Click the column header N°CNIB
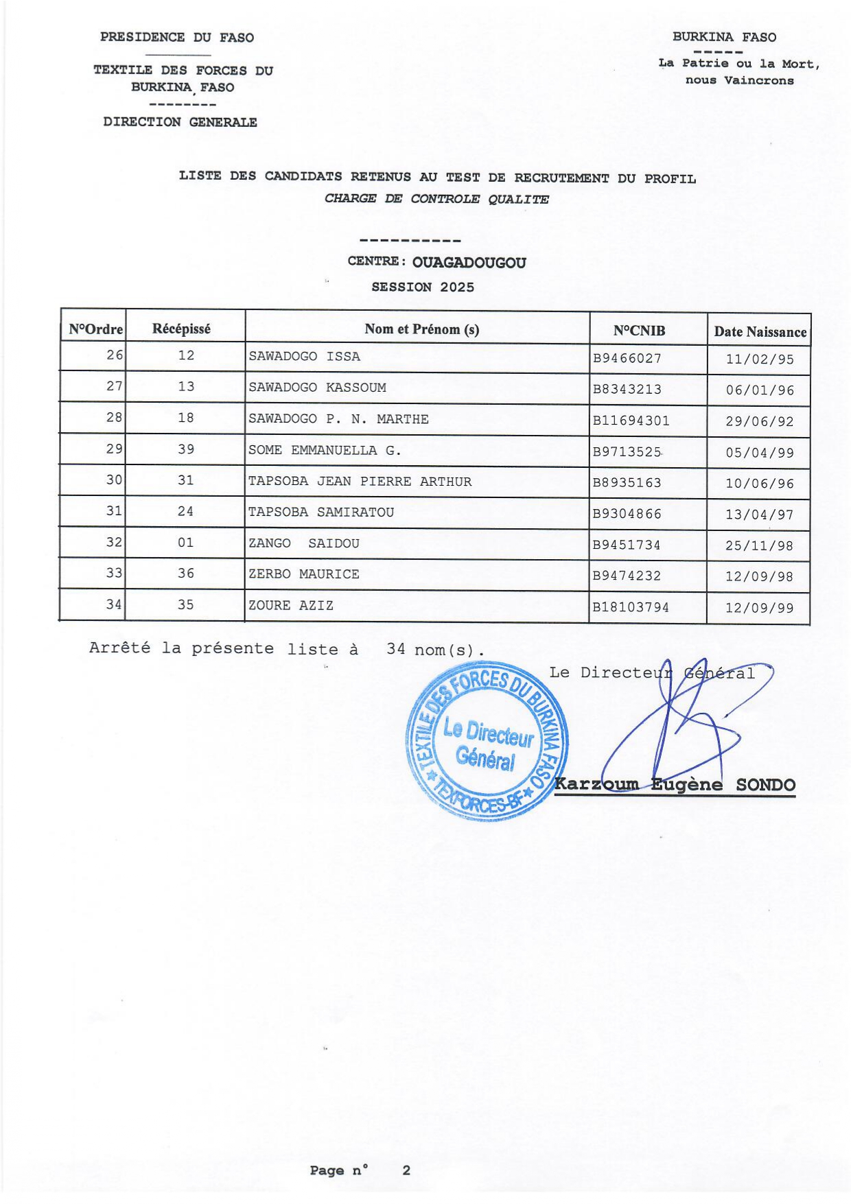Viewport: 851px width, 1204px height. click(x=639, y=331)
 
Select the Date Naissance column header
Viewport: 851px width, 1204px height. click(x=760, y=332)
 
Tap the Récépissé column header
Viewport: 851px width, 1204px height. click(x=181, y=329)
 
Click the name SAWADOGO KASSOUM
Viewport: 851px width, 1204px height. click(x=317, y=388)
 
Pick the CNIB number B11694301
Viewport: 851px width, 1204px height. click(x=631, y=421)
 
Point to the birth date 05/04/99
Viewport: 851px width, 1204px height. click(x=760, y=453)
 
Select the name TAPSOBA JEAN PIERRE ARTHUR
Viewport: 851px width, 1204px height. click(x=360, y=482)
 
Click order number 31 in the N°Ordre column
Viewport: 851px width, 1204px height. click(x=114, y=511)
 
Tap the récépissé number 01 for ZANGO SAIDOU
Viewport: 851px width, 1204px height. click(x=185, y=543)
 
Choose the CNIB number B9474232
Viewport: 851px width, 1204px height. click(x=627, y=576)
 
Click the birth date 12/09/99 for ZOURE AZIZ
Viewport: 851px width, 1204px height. click(x=759, y=608)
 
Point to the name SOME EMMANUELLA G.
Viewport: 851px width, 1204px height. click(x=325, y=451)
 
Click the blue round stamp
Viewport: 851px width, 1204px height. click(x=487, y=741)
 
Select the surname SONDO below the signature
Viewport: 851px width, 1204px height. click(x=765, y=785)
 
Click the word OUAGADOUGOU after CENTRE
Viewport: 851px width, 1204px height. click(x=469, y=263)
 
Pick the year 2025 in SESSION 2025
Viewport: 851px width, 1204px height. click(x=457, y=287)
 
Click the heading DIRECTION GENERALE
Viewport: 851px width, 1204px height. click(x=180, y=122)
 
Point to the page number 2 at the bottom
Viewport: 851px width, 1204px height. click(x=406, y=1170)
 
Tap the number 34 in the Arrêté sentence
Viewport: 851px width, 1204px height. click(x=395, y=649)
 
